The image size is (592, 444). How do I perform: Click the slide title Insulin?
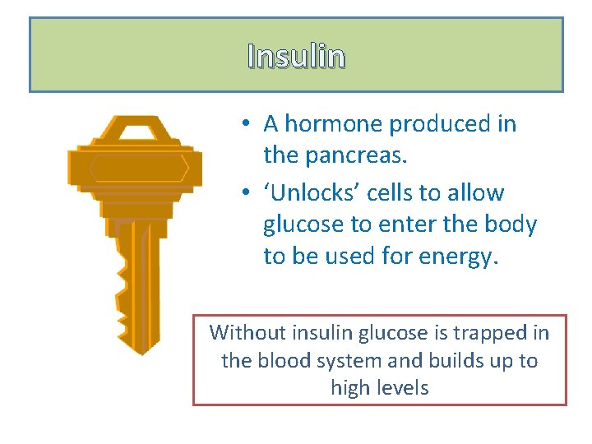(296, 56)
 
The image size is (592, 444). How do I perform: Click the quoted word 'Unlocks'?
(312, 193)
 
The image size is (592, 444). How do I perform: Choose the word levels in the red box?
(403, 387)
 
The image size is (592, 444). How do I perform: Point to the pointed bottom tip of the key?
(142, 352)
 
